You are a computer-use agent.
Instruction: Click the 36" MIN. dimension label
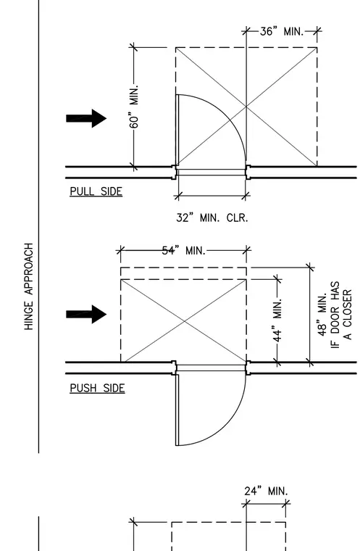pyautogui.click(x=282, y=32)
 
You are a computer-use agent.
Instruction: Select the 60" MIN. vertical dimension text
pyautogui.click(x=134, y=106)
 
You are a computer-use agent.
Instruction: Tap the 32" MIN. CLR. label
pyautogui.click(x=212, y=218)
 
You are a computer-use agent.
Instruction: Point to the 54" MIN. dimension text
pyautogui.click(x=184, y=251)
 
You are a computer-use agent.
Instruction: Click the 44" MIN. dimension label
pyautogui.click(x=277, y=320)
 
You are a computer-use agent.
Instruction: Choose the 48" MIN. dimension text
pyautogui.click(x=322, y=315)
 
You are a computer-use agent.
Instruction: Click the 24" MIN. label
pyautogui.click(x=267, y=491)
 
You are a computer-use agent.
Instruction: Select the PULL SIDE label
pyautogui.click(x=96, y=191)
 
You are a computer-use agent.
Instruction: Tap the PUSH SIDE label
pyautogui.click(x=97, y=389)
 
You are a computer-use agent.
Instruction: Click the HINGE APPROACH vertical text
pyautogui.click(x=29, y=286)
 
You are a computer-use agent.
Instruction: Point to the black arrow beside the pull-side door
pyautogui.click(x=86, y=118)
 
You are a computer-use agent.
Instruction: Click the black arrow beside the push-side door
pyautogui.click(x=86, y=314)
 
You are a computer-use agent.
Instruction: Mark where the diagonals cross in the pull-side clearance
pyautogui.click(x=246, y=106)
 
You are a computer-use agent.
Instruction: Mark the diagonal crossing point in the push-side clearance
pyautogui.click(x=184, y=320)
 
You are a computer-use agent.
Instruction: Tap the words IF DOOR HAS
pyautogui.click(x=335, y=315)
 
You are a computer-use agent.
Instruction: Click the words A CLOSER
pyautogui.click(x=347, y=315)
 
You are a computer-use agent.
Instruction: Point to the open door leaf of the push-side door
pyautogui.click(x=177, y=410)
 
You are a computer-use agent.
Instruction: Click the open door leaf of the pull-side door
pyautogui.click(x=177, y=130)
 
